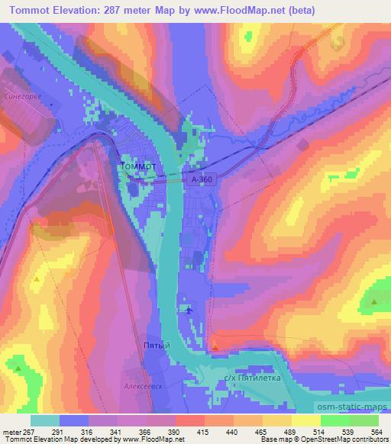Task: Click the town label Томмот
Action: (138, 165)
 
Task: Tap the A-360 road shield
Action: (197, 178)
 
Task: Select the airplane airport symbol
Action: (189, 310)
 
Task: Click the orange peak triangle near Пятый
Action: (215, 347)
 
